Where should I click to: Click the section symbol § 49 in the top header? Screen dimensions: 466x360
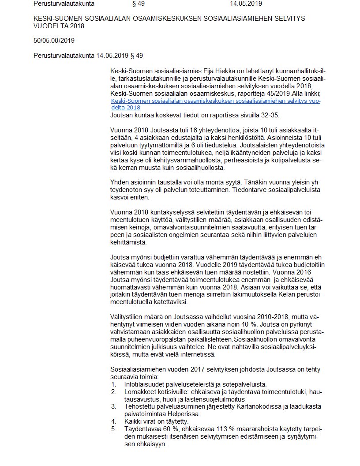click(138, 4)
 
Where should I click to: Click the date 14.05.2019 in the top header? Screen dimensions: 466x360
click(246, 4)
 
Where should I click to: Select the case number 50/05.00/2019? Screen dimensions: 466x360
click(54, 41)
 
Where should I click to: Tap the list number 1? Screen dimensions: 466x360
click(113, 384)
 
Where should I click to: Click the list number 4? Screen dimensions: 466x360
click(113, 421)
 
